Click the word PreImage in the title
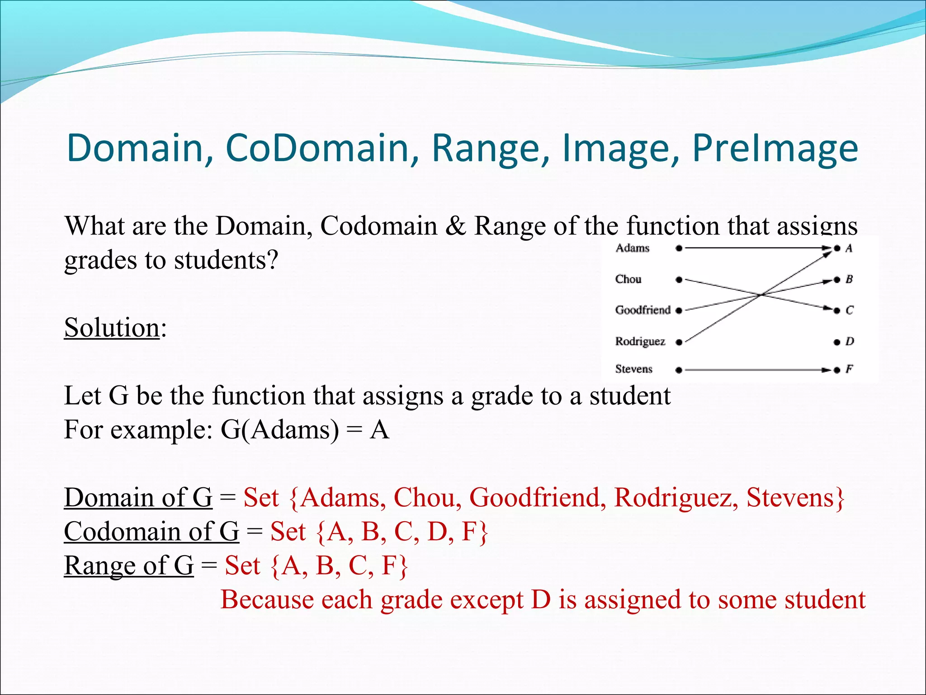pyautogui.click(x=775, y=148)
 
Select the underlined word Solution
pyautogui.click(x=112, y=328)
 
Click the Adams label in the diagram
pyautogui.click(x=632, y=248)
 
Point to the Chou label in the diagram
pyautogui.click(x=628, y=279)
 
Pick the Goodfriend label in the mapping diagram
pyautogui.click(x=643, y=310)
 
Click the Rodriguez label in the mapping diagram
pyautogui.click(x=640, y=341)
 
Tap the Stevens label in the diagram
pyautogui.click(x=633, y=369)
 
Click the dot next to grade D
pyautogui.click(x=836, y=342)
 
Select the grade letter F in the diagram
pyautogui.click(x=849, y=369)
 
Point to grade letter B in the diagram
pyautogui.click(x=849, y=279)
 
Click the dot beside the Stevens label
pyautogui.click(x=679, y=370)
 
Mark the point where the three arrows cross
pyautogui.click(x=762, y=295)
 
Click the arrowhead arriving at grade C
pyautogui.click(x=827, y=309)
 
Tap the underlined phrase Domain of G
pyautogui.click(x=138, y=498)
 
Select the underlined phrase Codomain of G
pyautogui.click(x=151, y=532)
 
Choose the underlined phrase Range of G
pyautogui.click(x=128, y=566)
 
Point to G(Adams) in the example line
pyautogui.click(x=279, y=430)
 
